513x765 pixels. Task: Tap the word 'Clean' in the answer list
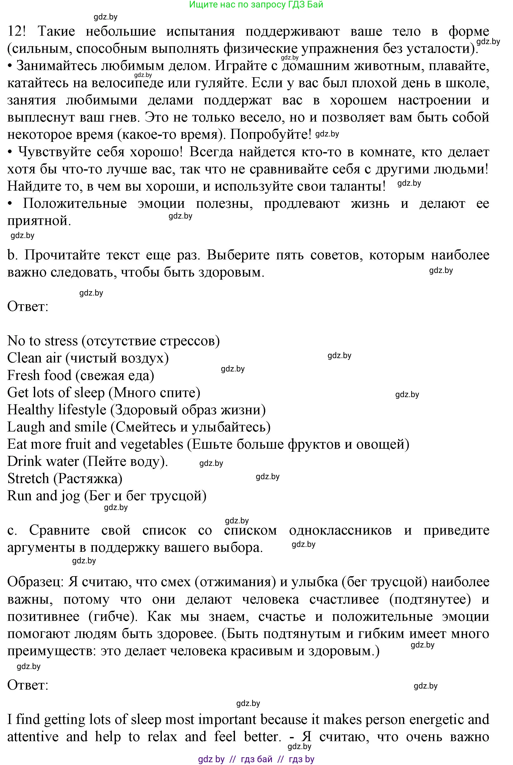(x=24, y=358)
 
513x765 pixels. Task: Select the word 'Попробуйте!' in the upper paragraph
(x=271, y=134)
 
